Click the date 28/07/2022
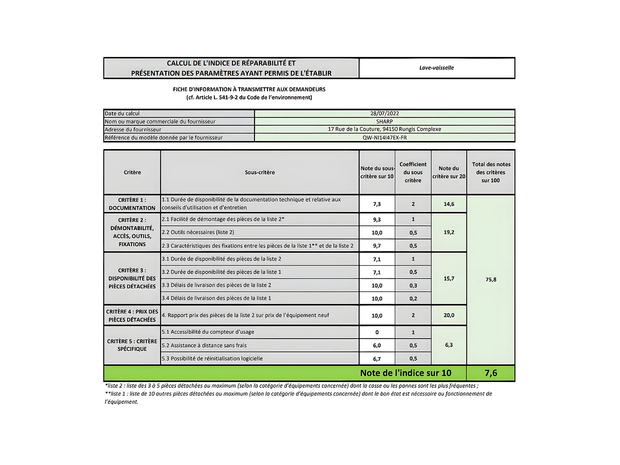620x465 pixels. click(x=384, y=113)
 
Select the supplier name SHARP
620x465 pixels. click(x=384, y=121)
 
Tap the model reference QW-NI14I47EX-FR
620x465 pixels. click(x=384, y=138)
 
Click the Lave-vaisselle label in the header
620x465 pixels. click(x=436, y=68)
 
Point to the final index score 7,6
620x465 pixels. click(x=491, y=373)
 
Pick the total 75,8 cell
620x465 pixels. click(x=491, y=280)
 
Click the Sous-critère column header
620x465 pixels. click(x=260, y=172)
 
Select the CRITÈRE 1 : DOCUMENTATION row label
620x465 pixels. click(x=132, y=204)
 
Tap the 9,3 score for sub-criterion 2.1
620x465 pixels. click(x=377, y=220)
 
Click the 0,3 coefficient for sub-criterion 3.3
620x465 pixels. click(x=413, y=285)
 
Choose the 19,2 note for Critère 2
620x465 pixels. click(x=449, y=232)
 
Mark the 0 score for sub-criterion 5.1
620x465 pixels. click(x=377, y=332)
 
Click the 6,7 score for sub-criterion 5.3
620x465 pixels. click(x=377, y=359)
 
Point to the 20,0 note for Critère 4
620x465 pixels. click(x=449, y=315)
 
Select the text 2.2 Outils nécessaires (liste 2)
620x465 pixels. click(x=198, y=232)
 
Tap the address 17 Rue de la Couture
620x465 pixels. click(x=384, y=129)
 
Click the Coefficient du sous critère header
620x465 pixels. click(x=413, y=172)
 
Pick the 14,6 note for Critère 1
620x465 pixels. click(x=449, y=204)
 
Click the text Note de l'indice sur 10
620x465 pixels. click(x=405, y=373)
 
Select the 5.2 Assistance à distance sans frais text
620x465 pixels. click(x=204, y=345)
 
